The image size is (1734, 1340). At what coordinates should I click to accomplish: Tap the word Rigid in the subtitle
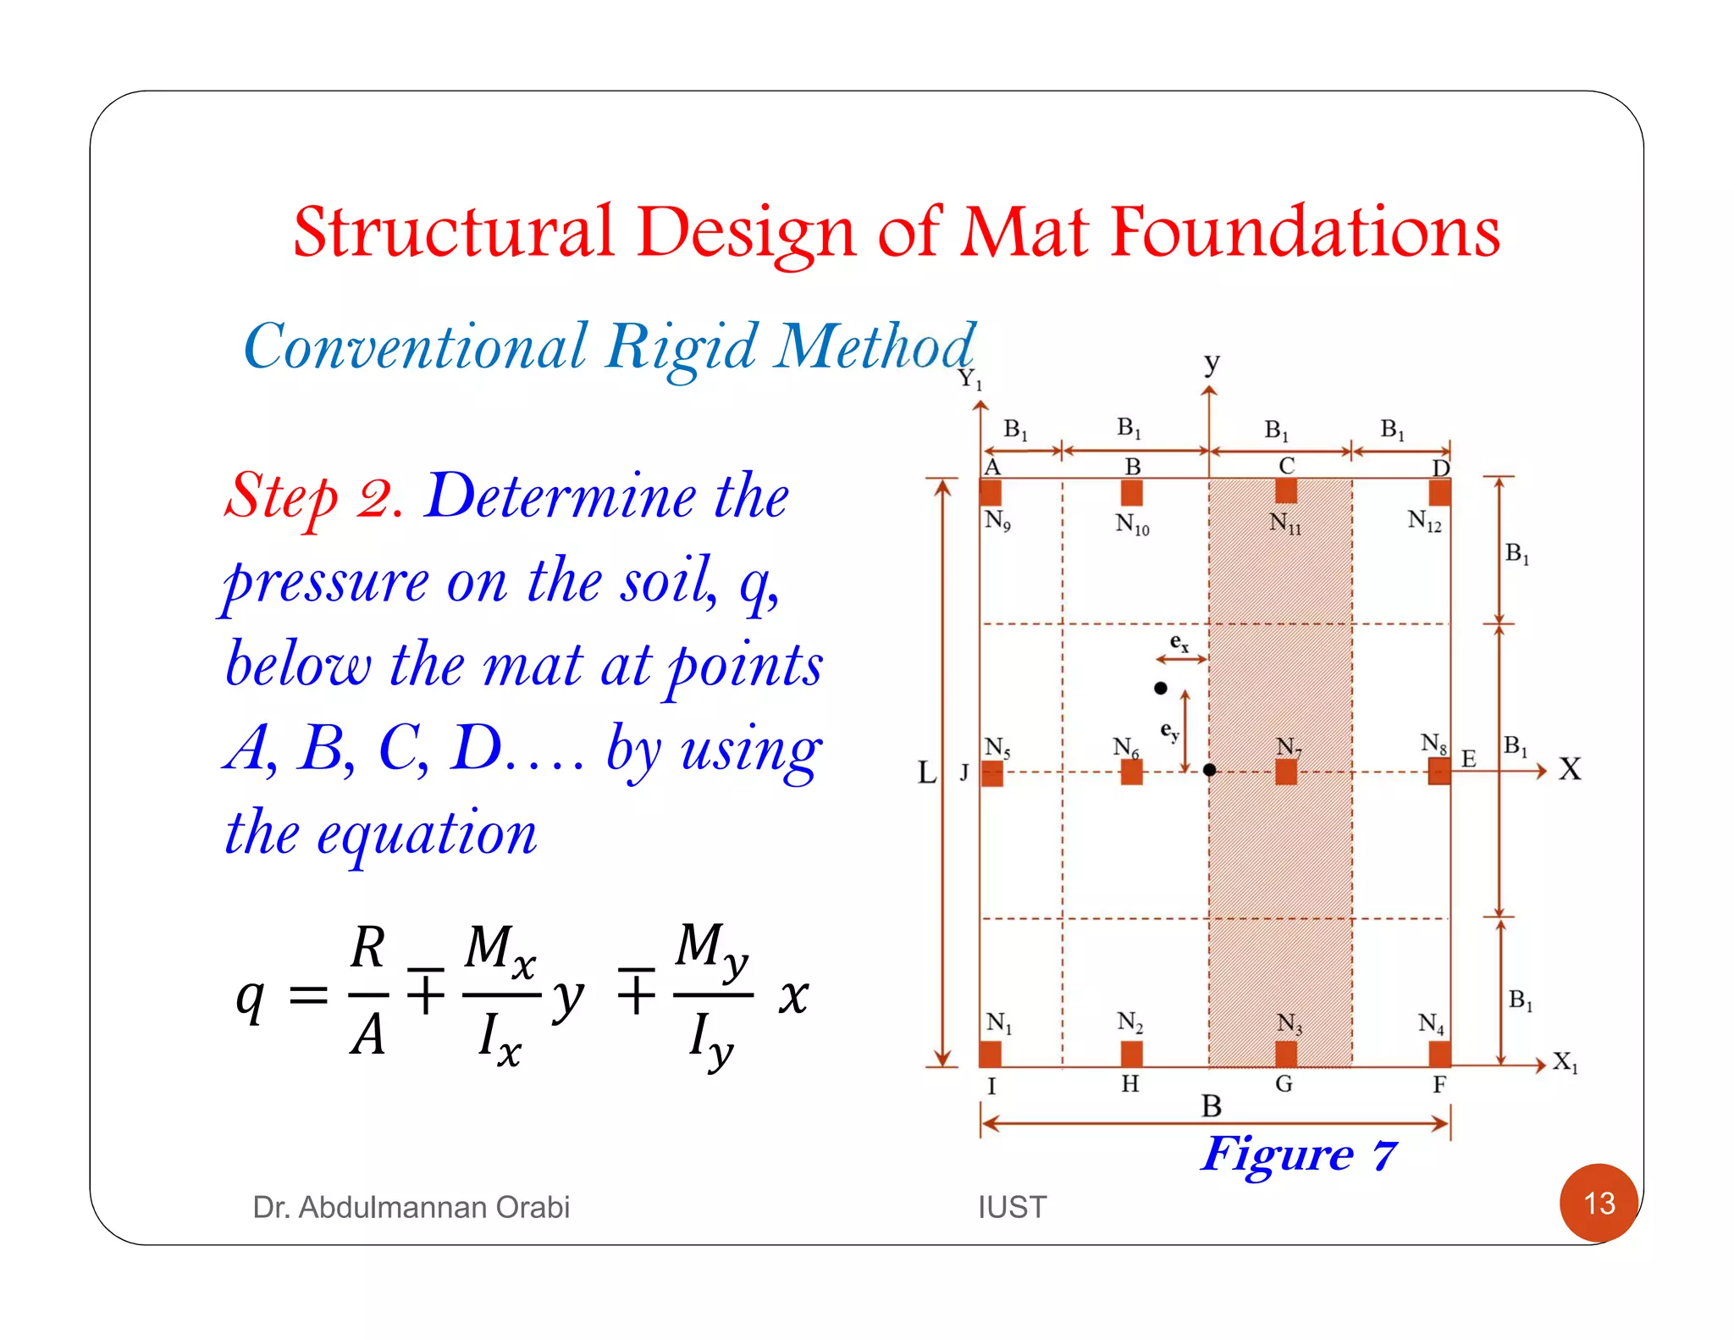(x=682, y=347)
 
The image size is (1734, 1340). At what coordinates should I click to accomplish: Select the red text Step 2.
(x=313, y=497)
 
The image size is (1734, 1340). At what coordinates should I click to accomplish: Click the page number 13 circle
(x=1599, y=1203)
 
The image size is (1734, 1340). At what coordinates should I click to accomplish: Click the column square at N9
(x=991, y=492)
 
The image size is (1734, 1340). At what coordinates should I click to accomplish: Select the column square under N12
(x=1439, y=492)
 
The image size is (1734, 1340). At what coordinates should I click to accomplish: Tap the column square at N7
(x=1285, y=772)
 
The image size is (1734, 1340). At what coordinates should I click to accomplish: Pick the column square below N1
(x=990, y=1054)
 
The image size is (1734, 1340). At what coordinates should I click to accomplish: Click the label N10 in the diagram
(x=1132, y=524)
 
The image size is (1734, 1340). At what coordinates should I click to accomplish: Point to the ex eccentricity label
(x=1179, y=642)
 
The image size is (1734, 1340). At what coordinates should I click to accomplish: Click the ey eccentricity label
(x=1168, y=731)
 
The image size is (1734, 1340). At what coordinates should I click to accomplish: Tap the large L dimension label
(x=927, y=772)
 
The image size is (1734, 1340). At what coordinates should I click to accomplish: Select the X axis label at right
(x=1570, y=769)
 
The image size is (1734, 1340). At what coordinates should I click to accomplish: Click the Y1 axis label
(x=969, y=379)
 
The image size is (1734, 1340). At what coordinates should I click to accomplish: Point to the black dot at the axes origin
(x=1209, y=770)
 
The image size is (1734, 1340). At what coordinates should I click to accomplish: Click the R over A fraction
(x=368, y=991)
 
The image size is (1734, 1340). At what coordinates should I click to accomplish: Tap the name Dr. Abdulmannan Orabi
(x=411, y=1207)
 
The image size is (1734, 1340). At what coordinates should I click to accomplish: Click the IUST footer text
(x=1012, y=1207)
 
